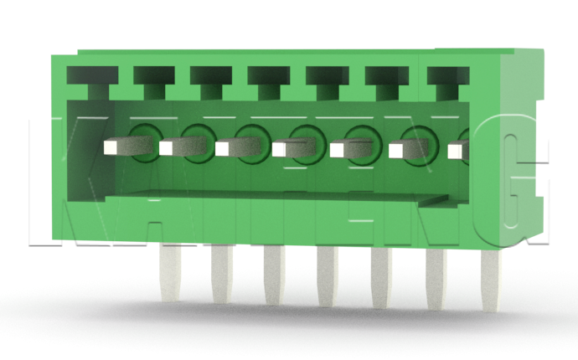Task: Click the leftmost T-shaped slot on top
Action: [89, 80]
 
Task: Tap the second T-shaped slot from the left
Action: [151, 80]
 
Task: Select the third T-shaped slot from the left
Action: [209, 80]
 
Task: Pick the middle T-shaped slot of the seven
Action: [267, 80]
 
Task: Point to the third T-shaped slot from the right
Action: [325, 80]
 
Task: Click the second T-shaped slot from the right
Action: [384, 80]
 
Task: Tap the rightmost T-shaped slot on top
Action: [446, 80]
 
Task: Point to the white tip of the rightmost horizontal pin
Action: [457, 151]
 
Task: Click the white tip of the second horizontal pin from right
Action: [397, 151]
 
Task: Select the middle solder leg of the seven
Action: [327, 280]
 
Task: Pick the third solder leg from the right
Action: [381, 281]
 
